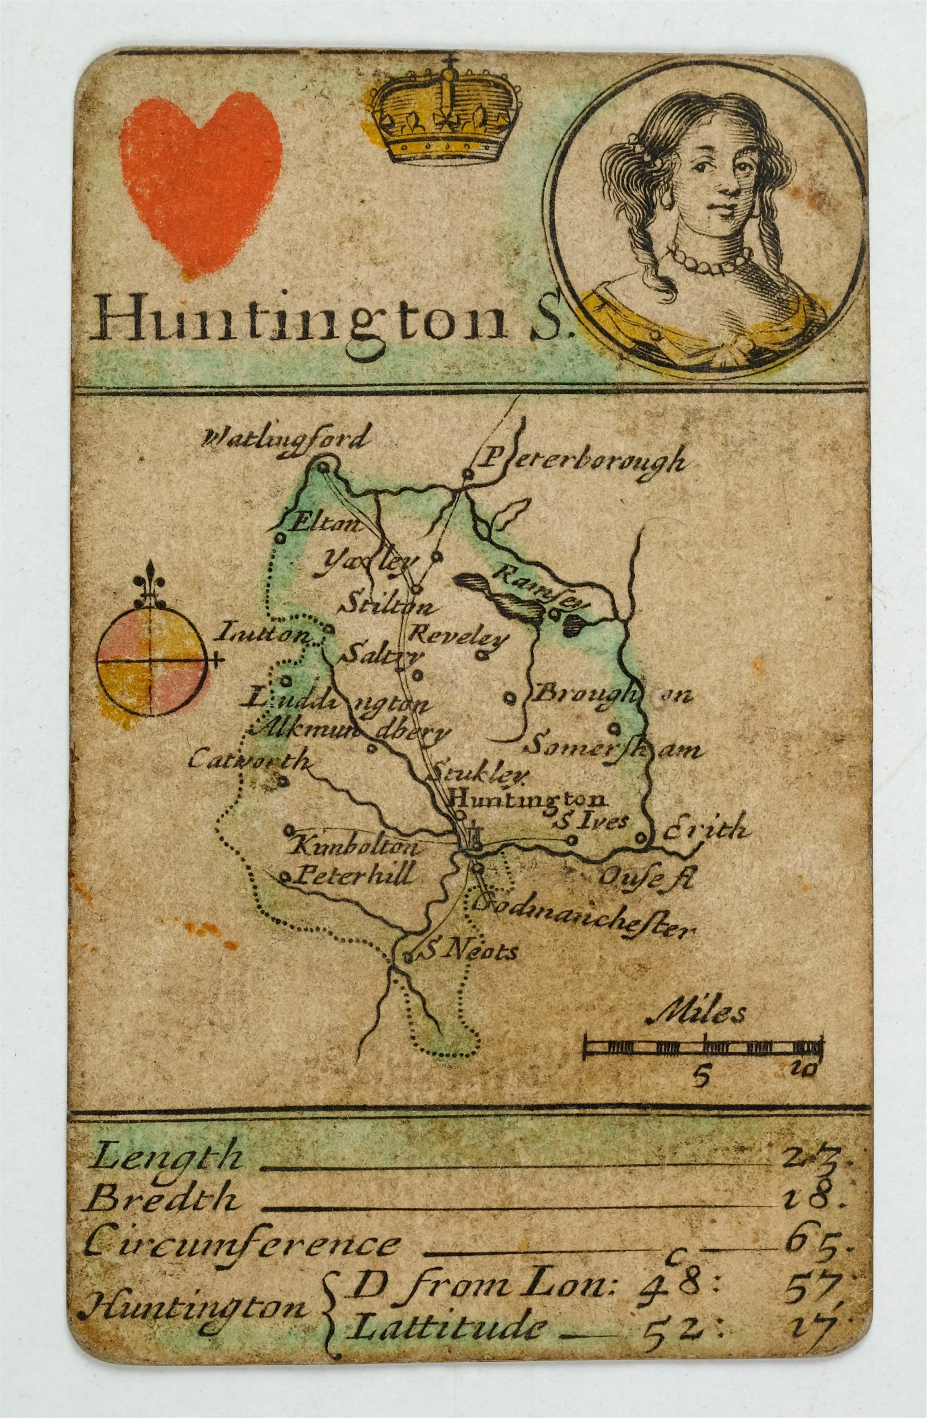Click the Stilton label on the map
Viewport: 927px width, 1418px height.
coord(384,608)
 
